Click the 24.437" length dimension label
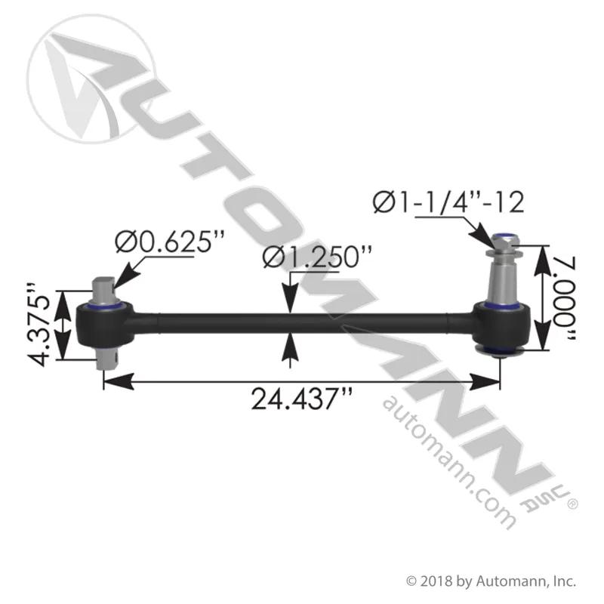[301, 399]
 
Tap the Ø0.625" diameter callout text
[169, 242]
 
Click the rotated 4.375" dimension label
[39, 325]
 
